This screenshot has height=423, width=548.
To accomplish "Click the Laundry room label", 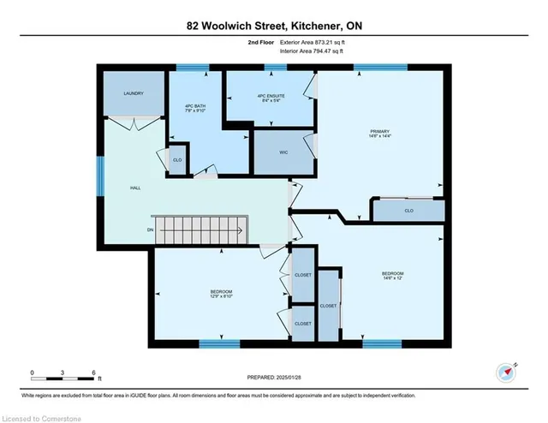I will click(x=133, y=93).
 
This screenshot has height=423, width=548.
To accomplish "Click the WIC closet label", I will click(x=283, y=152).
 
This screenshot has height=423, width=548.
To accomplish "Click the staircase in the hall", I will click(x=199, y=229).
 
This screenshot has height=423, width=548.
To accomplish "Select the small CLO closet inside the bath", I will click(x=177, y=160).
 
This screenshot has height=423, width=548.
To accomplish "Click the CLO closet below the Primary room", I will click(x=408, y=210).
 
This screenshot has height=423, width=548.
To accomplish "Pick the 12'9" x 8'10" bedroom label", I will click(x=221, y=294).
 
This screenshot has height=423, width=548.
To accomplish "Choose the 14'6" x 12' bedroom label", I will click(x=392, y=276).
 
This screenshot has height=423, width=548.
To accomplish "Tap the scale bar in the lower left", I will click(x=65, y=373).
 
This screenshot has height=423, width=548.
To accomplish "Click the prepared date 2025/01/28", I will click(x=273, y=377).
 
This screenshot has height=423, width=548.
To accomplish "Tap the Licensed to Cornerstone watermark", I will click(x=41, y=415).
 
